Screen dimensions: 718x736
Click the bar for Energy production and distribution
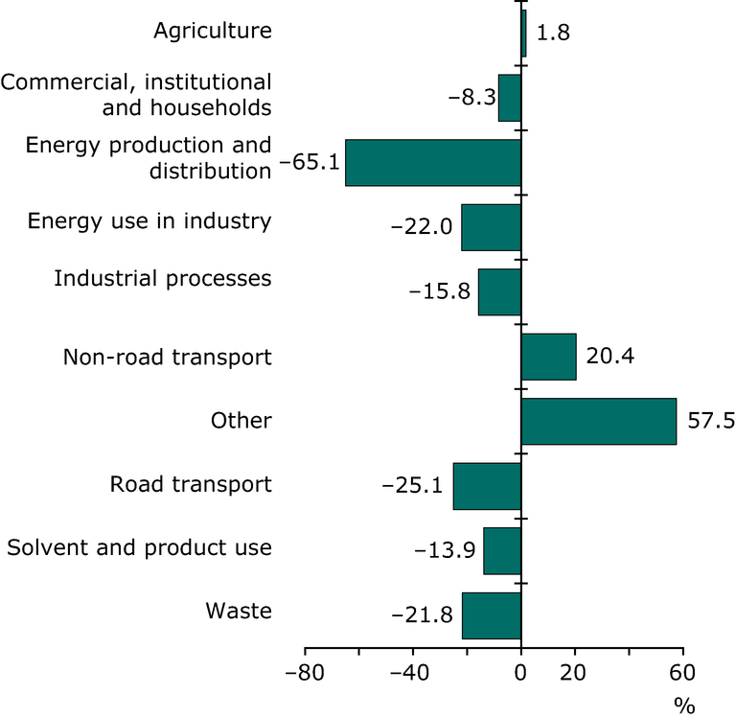433,162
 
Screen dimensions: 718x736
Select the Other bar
599,421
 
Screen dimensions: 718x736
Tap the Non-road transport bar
548,357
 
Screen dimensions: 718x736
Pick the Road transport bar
487,486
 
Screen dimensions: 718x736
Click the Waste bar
492,614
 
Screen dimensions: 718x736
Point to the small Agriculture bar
523,33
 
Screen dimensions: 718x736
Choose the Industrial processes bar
499,291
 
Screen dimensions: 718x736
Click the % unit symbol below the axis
683,706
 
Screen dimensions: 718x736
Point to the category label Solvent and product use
139,548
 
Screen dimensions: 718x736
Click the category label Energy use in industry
149,221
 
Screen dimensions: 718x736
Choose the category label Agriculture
213,32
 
